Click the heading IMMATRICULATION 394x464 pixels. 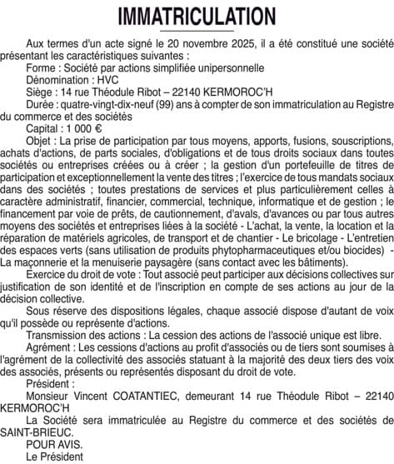197,16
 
